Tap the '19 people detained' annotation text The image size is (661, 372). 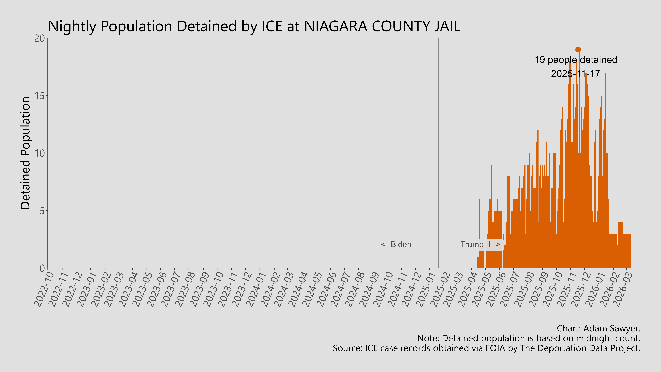576,60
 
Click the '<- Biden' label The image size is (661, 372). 396,245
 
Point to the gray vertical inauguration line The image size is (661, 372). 438,154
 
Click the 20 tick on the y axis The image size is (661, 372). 40,39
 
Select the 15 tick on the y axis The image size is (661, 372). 40,96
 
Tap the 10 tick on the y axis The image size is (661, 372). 40,154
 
